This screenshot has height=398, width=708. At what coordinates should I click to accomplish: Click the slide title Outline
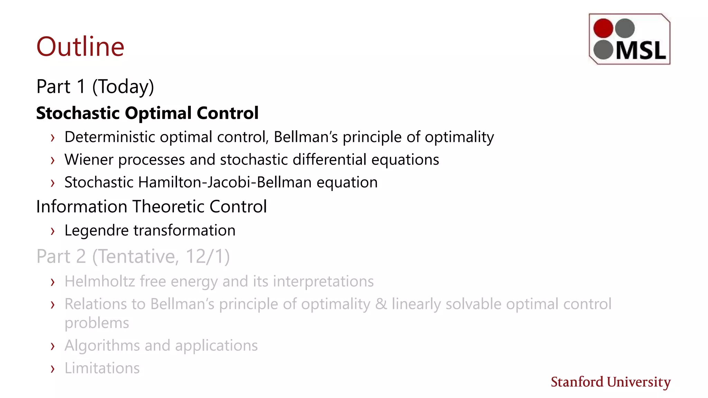tap(80, 47)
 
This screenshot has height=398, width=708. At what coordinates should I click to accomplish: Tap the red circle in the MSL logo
tap(603, 28)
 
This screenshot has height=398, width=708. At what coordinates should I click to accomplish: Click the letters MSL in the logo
tap(641, 51)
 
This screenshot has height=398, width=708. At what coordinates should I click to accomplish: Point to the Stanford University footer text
tap(611, 382)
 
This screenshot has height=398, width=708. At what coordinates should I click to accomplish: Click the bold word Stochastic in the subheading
tap(78, 113)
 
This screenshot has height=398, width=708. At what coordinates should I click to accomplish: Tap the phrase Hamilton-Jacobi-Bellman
tap(225, 182)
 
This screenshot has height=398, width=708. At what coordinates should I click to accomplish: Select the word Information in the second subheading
tap(82, 207)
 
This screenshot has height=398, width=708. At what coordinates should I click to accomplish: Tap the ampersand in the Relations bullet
tap(381, 304)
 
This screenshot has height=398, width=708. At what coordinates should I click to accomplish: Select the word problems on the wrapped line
tap(97, 323)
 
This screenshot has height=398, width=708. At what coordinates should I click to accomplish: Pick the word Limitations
tap(102, 368)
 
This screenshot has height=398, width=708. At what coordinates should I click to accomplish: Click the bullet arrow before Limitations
tap(53, 369)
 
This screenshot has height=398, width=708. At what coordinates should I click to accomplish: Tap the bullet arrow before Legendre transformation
tap(53, 231)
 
